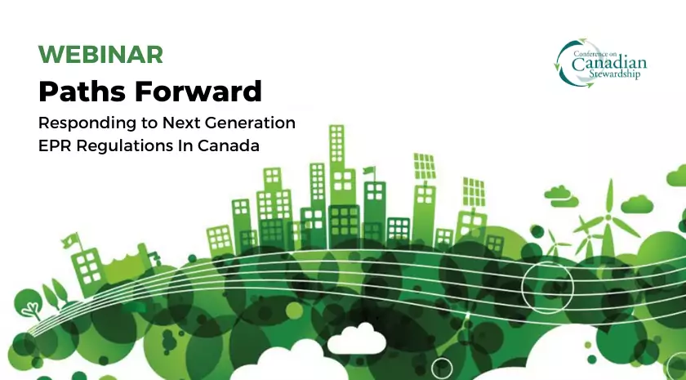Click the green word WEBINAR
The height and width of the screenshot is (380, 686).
[100, 54]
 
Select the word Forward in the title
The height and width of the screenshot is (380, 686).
[198, 91]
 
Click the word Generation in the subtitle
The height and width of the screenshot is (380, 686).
[250, 123]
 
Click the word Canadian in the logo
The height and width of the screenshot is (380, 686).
[609, 64]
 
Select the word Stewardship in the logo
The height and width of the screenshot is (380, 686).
[614, 74]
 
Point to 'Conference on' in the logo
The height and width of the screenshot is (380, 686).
[595, 53]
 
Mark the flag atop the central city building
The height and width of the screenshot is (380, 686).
[370, 170]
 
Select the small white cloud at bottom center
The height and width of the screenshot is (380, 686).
[357, 339]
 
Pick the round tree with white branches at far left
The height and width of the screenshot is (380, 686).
[29, 304]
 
